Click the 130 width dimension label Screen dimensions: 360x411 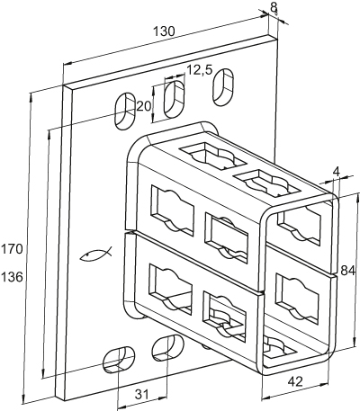(164, 31)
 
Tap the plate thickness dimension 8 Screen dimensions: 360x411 (274, 7)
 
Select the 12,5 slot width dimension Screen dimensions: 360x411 (200, 70)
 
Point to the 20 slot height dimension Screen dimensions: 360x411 (143, 106)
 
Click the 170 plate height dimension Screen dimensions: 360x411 (12, 249)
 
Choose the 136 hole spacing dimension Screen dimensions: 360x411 (12, 277)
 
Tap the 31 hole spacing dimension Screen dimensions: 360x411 (141, 395)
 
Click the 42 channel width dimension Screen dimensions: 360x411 (295, 381)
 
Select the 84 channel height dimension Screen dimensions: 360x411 (348, 271)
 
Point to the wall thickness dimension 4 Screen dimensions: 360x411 (337, 172)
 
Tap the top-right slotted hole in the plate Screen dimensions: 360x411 (223, 87)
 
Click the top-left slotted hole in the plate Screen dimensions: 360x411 (125, 111)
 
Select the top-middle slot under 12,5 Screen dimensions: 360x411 (174, 99)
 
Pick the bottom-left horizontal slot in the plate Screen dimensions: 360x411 (119, 360)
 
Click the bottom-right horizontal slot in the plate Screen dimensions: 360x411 (168, 347)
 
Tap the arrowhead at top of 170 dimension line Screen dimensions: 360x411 (30, 97)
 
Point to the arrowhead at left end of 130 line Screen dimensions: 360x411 (68, 63)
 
